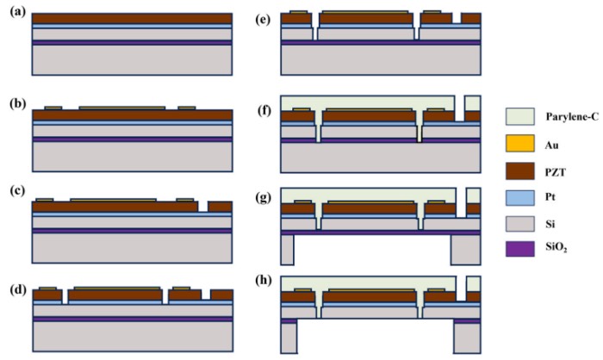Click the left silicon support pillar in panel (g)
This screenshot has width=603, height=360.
[x=287, y=249]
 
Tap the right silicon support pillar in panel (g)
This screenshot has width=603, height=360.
[x=465, y=249]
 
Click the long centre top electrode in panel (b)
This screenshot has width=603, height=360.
[x=122, y=108]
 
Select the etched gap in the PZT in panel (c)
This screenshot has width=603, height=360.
[x=202, y=207]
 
